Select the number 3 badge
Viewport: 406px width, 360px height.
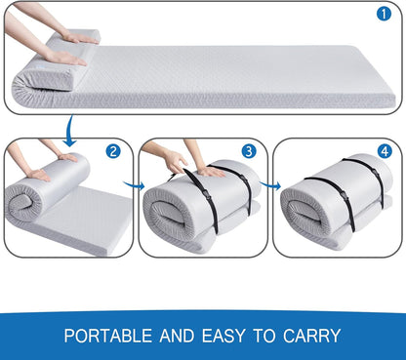pyautogui.click(x=249, y=151)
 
